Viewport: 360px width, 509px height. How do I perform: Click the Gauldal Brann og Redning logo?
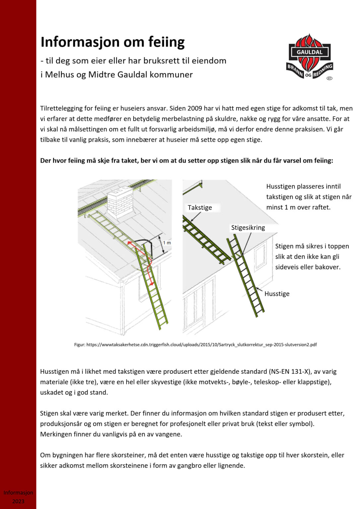coord(309,57)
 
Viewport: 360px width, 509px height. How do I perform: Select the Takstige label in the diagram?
coord(200,208)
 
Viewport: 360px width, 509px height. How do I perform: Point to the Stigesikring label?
coord(248,228)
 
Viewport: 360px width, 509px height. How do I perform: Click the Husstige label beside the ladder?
coord(277,294)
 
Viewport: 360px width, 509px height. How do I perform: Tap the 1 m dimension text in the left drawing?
coord(167,243)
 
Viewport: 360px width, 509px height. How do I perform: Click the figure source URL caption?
coord(195,345)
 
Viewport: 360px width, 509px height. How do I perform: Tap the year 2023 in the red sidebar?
coord(18,501)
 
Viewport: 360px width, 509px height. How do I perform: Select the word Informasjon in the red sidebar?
coord(18,493)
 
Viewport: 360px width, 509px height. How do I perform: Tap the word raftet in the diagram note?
coord(321,207)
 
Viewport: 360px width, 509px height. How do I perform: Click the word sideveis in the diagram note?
coord(287,267)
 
